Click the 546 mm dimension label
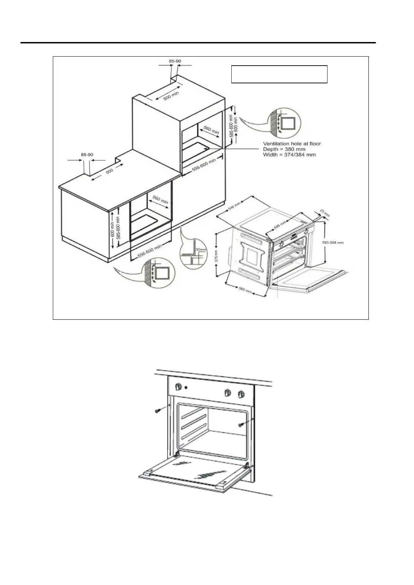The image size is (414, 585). pos(234,206)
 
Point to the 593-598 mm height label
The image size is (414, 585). pos(333,243)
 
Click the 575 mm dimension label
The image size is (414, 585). pos(216,256)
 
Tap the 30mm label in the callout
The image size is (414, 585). pos(201,249)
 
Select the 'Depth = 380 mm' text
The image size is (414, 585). pos(284,149)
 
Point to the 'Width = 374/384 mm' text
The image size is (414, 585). pos(289,154)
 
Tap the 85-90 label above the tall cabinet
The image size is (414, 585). pos(175,61)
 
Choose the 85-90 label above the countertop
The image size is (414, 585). pos(87,154)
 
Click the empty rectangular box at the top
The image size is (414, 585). pos(279,74)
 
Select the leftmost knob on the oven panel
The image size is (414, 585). pos(179,387)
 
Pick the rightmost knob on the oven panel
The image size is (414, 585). pos(240,394)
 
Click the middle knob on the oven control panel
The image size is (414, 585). pos(227,392)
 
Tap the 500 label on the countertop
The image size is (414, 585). pos(109,171)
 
